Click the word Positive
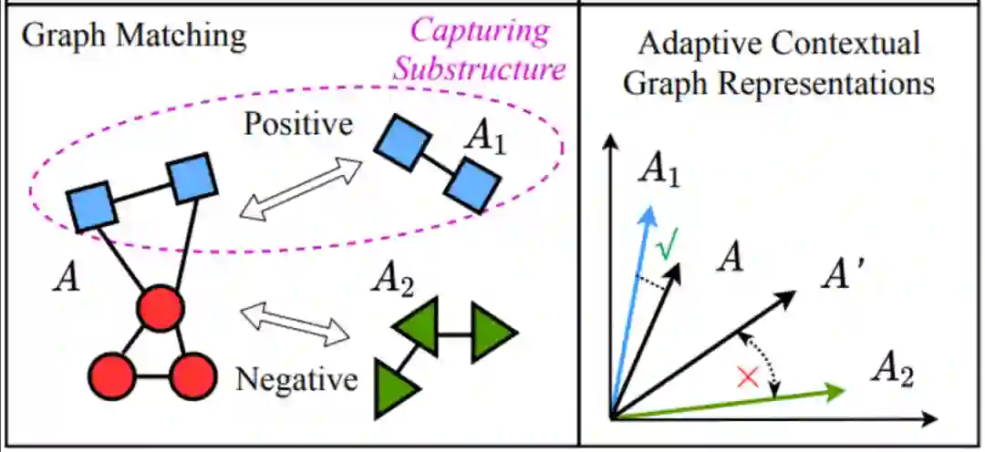(297, 123)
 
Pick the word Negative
(296, 377)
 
